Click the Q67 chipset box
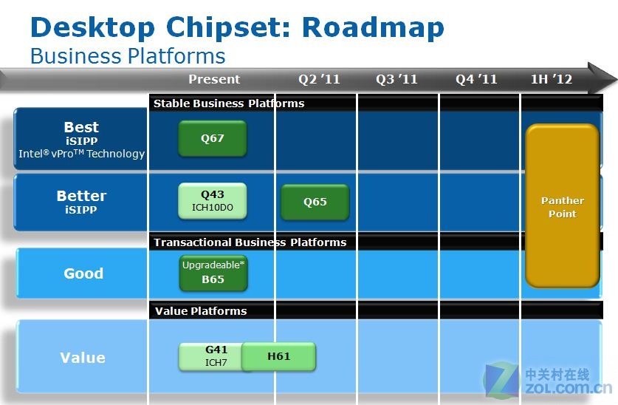click(x=213, y=138)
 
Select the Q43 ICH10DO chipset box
click(x=213, y=201)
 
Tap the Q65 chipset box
click(x=315, y=202)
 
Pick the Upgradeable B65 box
click(x=213, y=273)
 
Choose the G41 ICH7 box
click(x=211, y=356)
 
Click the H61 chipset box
click(x=278, y=356)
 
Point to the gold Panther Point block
click(x=563, y=206)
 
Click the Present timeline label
click(x=214, y=79)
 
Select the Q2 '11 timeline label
click(x=319, y=79)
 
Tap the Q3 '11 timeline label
click(x=396, y=79)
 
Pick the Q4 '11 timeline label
click(x=476, y=79)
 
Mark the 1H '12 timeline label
click(x=552, y=79)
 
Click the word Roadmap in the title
click(x=373, y=27)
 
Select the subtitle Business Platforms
click(x=128, y=56)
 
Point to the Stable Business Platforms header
click(x=229, y=103)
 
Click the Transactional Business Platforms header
click(x=250, y=242)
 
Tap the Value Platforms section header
click(x=201, y=311)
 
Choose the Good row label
click(x=83, y=273)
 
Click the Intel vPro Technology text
click(x=81, y=154)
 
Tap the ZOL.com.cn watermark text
click(x=568, y=388)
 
